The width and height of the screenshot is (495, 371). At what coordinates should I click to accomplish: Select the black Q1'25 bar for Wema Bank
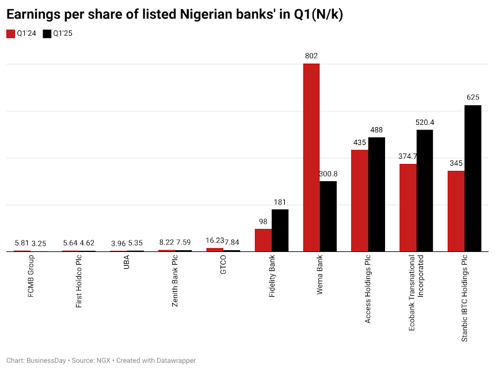(328, 216)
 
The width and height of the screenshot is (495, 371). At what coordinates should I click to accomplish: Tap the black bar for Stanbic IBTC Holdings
(473, 178)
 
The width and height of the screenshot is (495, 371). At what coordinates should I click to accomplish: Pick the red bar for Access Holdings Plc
(360, 201)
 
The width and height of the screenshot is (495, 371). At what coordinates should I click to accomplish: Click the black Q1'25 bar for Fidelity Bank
(280, 230)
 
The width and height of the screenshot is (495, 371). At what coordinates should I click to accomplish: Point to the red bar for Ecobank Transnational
(408, 208)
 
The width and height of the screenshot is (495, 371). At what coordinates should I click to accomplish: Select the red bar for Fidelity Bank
(263, 240)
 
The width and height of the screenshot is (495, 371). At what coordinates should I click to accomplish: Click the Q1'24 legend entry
(21, 33)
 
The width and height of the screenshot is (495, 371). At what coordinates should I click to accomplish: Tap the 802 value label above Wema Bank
(311, 56)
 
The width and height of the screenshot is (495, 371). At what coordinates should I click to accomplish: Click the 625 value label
(473, 97)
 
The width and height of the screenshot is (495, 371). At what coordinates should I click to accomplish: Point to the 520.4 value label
(425, 122)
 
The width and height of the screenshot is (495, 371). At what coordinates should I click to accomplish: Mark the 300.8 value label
(328, 174)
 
